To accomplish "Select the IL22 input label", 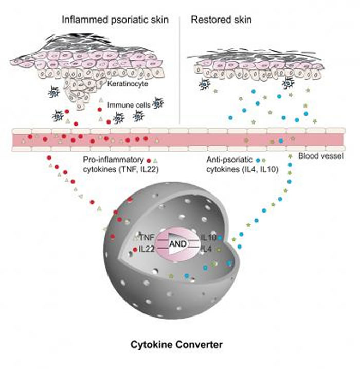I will coord(147,249).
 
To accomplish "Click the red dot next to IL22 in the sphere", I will coord(135,250).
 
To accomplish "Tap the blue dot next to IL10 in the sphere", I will coord(220,238).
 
